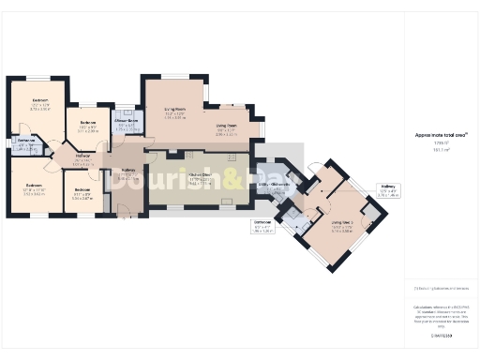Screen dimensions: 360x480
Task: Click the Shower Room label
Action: [x=127, y=122]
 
